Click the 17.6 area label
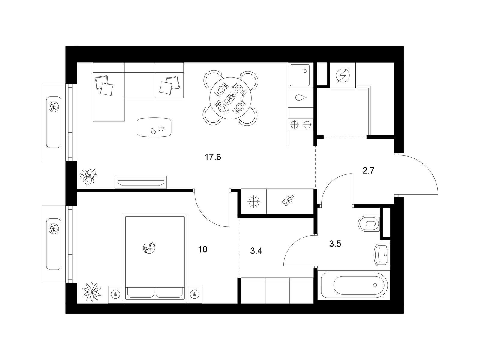(213, 157)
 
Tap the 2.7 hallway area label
(368, 170)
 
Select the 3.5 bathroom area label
(335, 244)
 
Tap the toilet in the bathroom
(369, 223)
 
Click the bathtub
(354, 285)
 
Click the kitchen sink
(300, 75)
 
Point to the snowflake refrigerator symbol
(253, 201)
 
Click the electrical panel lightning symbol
(343, 75)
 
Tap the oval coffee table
(154, 127)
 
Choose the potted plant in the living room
(88, 177)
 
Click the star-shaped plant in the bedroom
(92, 292)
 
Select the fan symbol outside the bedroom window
(54, 229)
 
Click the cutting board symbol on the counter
(288, 200)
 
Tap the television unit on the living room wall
(141, 182)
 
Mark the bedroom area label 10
(202, 249)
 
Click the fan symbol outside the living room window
(54, 107)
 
